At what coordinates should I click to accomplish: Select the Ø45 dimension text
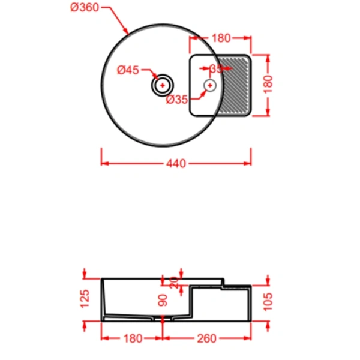coord(128,70)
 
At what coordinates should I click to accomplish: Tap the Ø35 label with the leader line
coord(178,100)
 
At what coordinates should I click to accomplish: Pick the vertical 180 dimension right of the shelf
coord(268,85)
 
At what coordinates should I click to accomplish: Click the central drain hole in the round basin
coord(162,85)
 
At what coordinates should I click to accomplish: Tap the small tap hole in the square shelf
coord(210,85)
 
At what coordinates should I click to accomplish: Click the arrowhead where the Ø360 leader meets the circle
coord(127,32)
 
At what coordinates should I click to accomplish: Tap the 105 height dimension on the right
coord(268,300)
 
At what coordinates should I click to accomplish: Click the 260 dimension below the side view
coord(206,338)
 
